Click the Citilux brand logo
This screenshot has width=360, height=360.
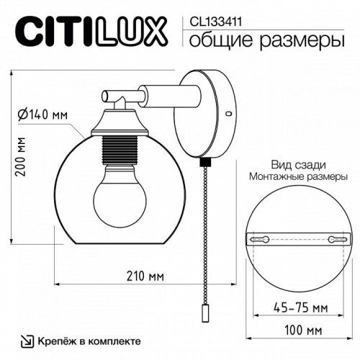click(x=91, y=32)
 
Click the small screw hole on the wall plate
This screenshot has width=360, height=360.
click(x=228, y=113)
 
